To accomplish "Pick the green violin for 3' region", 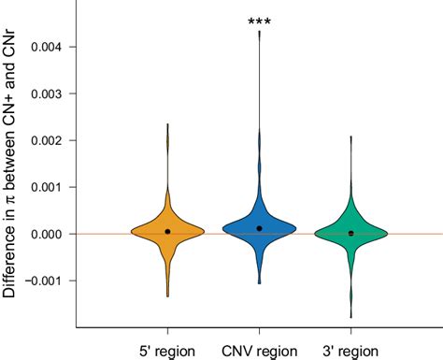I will pyautogui.click(x=350, y=231).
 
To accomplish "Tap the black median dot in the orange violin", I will pyautogui.click(x=167, y=231).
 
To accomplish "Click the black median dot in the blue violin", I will pyautogui.click(x=259, y=228).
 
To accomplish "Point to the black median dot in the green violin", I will pyautogui.click(x=350, y=233).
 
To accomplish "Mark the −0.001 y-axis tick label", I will pyautogui.click(x=45, y=281).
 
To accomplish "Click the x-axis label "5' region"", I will pyautogui.click(x=167, y=348).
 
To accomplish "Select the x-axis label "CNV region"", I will pyautogui.click(x=259, y=348).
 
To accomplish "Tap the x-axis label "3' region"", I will pyautogui.click(x=350, y=348).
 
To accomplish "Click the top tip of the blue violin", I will pyautogui.click(x=259, y=38).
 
